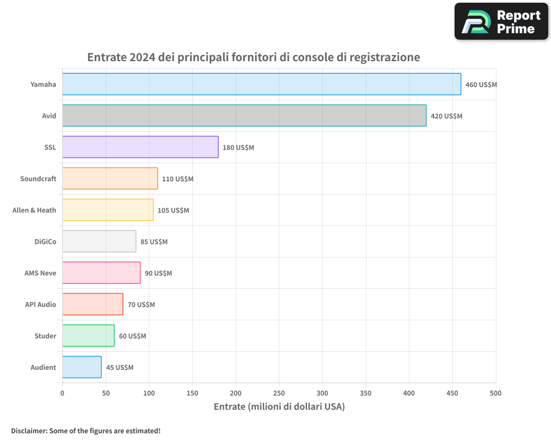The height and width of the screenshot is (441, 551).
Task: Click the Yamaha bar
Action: point(261,84)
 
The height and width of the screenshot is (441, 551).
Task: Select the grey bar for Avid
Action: point(244,115)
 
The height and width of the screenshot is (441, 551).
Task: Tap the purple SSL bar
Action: point(140,147)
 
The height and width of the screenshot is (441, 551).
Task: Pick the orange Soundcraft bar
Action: point(110,178)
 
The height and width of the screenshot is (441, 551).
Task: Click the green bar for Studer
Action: point(88,335)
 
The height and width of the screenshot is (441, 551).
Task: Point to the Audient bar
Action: point(82,367)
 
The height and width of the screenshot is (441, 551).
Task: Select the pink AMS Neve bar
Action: point(101,272)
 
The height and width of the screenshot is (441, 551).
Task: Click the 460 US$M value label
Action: point(481,85)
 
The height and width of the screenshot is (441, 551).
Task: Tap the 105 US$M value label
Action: point(173,210)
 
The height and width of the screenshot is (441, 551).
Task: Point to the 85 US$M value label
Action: point(154,241)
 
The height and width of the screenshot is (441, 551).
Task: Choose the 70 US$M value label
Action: point(141,304)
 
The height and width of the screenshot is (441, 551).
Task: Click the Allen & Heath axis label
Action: point(34,210)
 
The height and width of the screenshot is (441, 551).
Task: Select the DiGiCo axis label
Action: point(45,241)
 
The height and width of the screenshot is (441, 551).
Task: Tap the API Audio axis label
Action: point(40,304)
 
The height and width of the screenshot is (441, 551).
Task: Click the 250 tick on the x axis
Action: point(279,393)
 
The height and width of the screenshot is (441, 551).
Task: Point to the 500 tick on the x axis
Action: point(496,393)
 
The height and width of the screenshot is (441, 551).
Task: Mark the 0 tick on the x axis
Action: point(62,393)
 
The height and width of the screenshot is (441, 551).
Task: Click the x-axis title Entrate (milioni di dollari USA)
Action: point(279,407)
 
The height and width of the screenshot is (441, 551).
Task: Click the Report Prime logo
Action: point(501,21)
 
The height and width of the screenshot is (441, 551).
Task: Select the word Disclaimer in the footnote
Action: point(28,431)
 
